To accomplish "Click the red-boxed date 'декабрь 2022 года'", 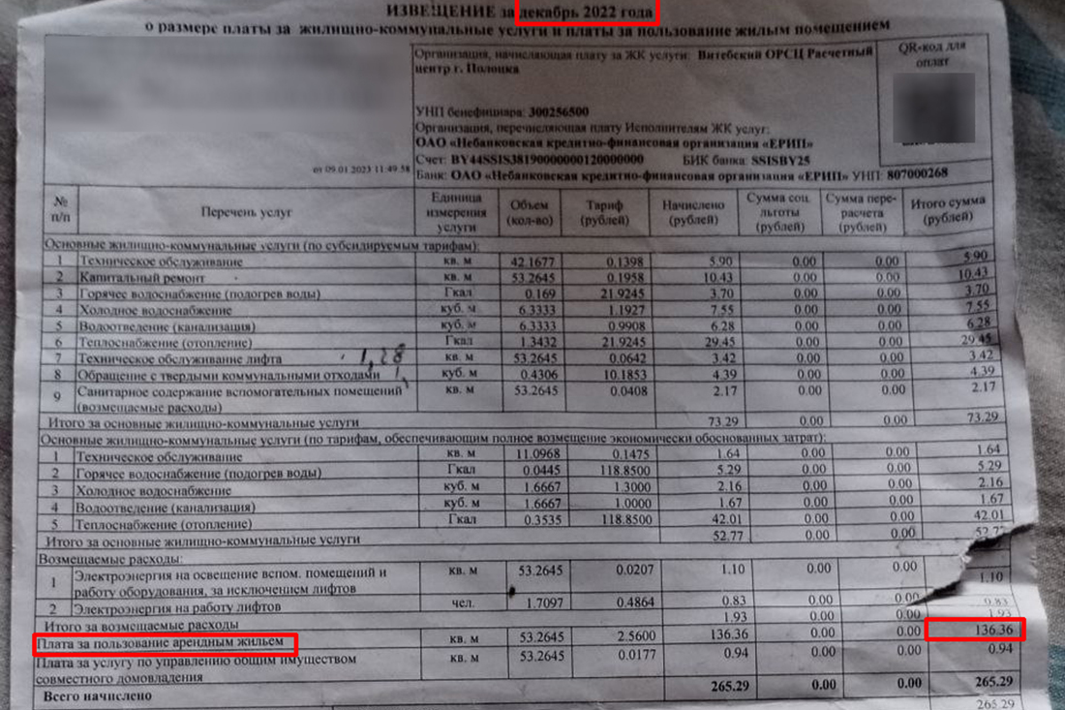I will click(588, 12).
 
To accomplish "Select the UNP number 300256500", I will click(552, 111).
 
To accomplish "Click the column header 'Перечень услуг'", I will click(247, 211).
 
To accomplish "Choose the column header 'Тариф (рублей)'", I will click(604, 212).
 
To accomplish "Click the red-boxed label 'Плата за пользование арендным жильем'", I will click(164, 642).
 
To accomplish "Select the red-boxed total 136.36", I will click(974, 630).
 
